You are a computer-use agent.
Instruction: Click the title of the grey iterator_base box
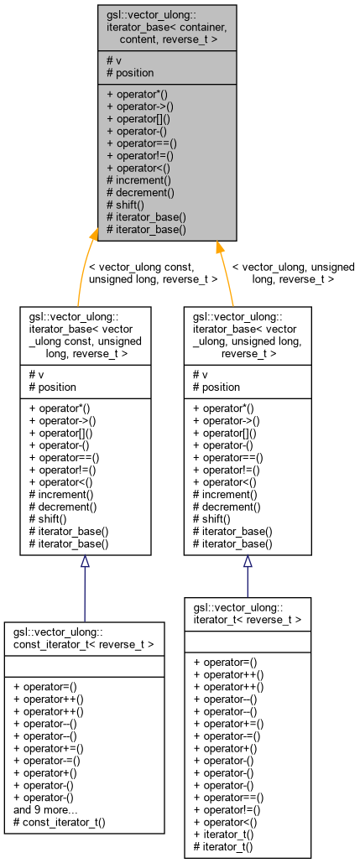[x=167, y=28]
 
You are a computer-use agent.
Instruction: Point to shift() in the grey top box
[x=126, y=204]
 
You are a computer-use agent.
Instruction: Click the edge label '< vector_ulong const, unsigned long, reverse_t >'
[x=153, y=273]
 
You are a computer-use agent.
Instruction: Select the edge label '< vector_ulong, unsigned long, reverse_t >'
[x=293, y=273]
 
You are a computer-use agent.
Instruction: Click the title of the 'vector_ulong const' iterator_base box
[x=86, y=335]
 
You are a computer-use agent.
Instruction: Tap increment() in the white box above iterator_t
[x=227, y=495]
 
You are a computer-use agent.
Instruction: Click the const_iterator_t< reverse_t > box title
[x=84, y=637]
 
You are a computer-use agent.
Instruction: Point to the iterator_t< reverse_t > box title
[x=248, y=613]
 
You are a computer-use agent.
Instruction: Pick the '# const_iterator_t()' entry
[x=60, y=823]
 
